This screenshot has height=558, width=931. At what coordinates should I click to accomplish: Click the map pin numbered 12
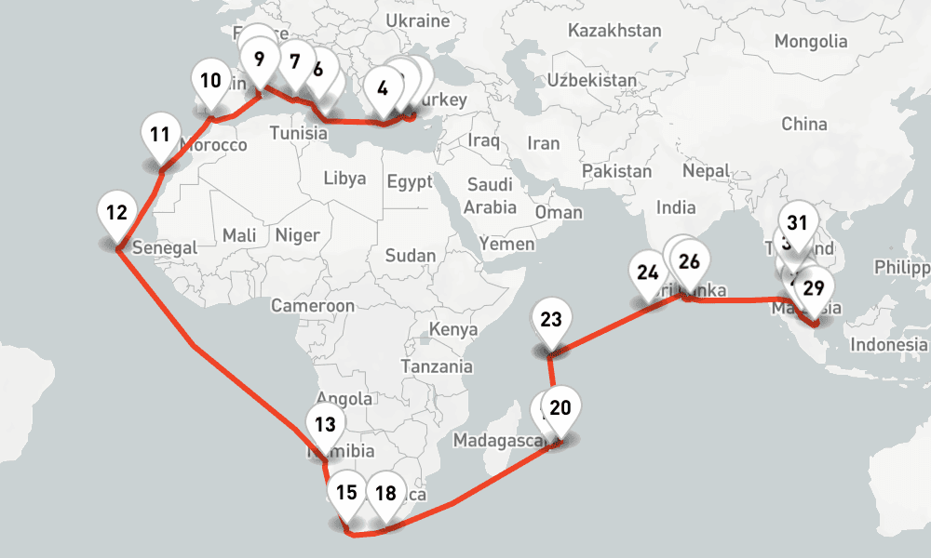click(x=116, y=213)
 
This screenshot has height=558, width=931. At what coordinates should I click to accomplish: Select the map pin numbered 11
click(x=160, y=135)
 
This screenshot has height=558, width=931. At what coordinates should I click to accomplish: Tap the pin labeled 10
click(x=211, y=81)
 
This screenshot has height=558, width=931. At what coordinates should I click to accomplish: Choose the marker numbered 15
click(x=346, y=493)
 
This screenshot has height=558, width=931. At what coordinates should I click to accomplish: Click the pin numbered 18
click(x=385, y=493)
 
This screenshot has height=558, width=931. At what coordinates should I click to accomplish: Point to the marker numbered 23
click(x=551, y=321)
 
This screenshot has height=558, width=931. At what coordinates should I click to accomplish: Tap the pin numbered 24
click(x=648, y=273)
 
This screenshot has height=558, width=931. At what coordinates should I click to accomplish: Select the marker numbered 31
click(x=797, y=223)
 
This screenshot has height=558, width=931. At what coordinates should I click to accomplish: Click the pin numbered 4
click(x=383, y=89)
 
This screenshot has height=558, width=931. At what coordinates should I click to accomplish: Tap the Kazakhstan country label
click(x=614, y=31)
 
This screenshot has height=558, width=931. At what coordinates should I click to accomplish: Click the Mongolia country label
click(x=811, y=42)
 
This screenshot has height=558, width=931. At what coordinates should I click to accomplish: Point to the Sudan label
click(x=410, y=256)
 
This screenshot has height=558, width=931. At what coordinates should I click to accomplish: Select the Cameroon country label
click(x=313, y=306)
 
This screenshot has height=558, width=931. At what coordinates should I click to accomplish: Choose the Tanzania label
click(x=437, y=366)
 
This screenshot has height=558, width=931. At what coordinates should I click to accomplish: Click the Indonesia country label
click(x=889, y=345)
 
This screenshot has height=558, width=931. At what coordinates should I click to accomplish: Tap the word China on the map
click(x=804, y=124)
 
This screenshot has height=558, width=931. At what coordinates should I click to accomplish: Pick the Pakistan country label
click(x=616, y=171)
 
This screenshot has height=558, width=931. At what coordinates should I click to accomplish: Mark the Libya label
click(x=344, y=179)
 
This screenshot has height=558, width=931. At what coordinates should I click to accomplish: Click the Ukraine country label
click(x=418, y=20)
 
